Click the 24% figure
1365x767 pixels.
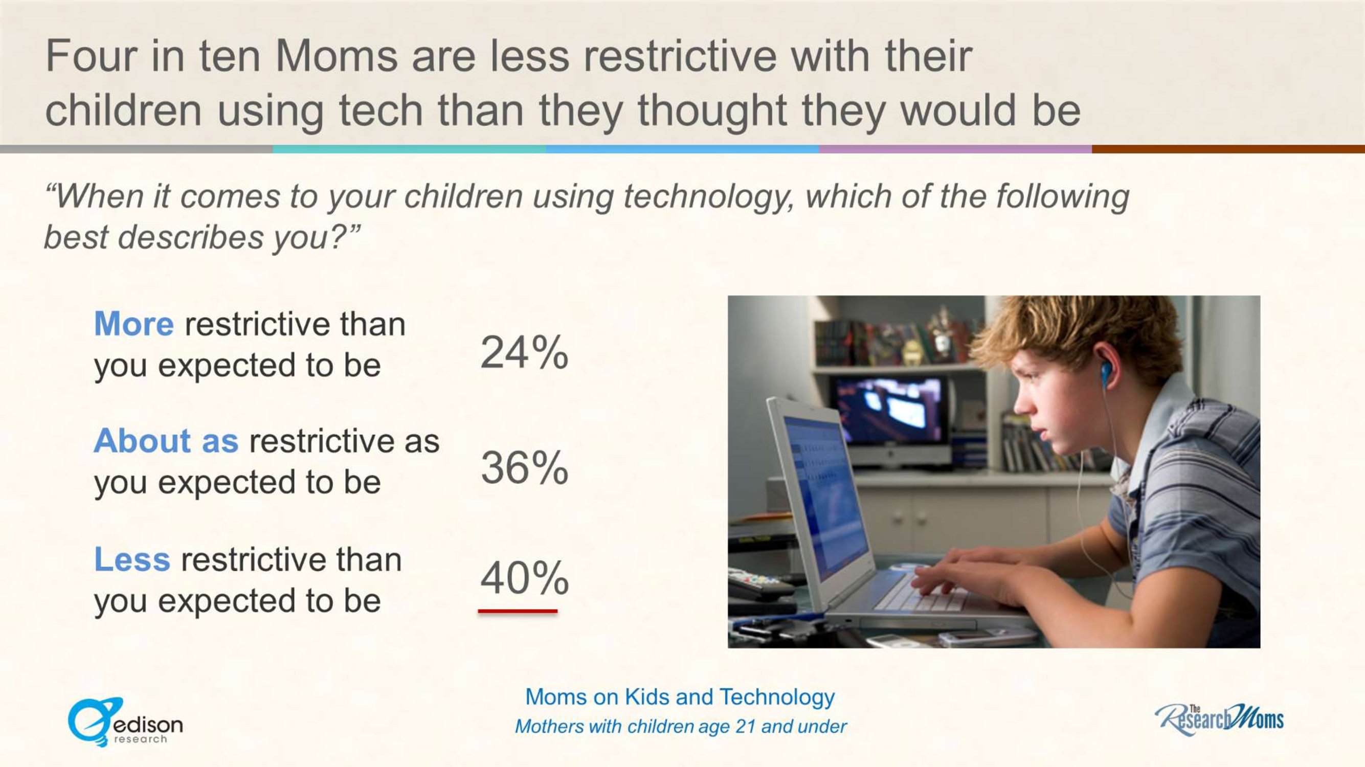(524, 352)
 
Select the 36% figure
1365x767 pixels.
(525, 468)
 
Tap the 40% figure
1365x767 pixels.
(525, 578)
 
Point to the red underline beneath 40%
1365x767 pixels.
(518, 611)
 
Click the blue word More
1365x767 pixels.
(133, 324)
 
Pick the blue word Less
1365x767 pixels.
(132, 559)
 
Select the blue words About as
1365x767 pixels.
(166, 441)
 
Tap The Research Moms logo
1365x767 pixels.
(1219, 719)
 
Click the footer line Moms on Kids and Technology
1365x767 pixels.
(680, 697)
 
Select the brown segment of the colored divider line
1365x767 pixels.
(1228, 149)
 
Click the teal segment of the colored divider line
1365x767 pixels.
(410, 149)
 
